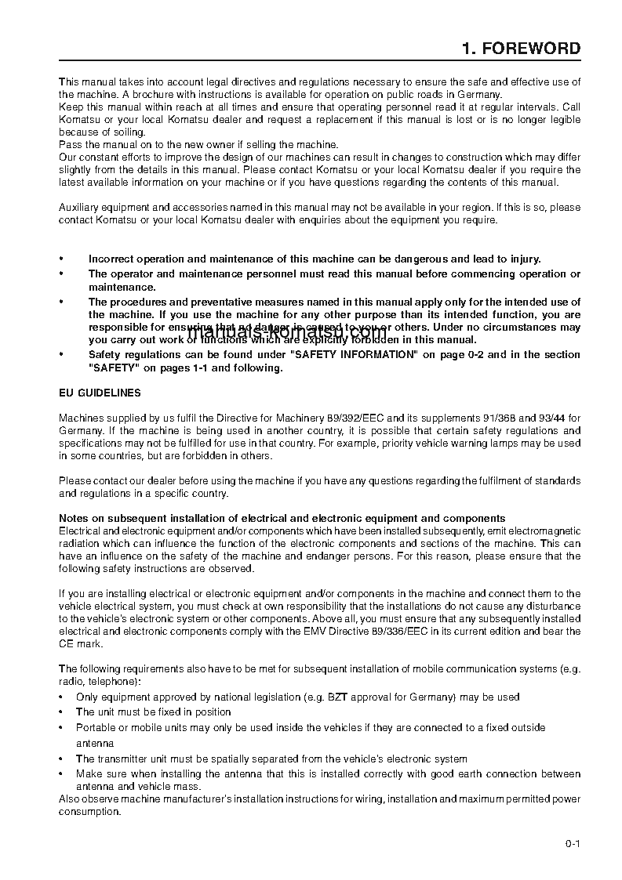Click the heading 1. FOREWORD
click(521, 49)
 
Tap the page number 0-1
click(572, 844)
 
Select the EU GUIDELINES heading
click(100, 393)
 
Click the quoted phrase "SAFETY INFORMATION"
click(353, 355)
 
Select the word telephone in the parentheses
click(109, 682)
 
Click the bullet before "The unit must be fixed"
click(62, 712)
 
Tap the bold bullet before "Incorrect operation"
click(62, 259)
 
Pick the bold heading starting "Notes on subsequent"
click(282, 518)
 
